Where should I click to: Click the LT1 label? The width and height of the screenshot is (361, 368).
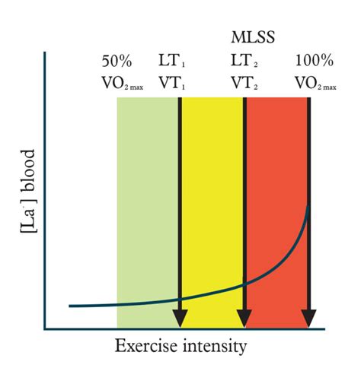pos(174,60)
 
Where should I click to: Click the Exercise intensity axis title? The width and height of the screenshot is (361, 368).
pos(180,347)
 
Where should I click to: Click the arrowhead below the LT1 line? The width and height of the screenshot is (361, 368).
pos(180,319)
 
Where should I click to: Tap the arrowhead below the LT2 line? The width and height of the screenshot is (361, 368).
pos(244,319)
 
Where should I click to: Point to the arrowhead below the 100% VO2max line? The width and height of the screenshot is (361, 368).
pos(308,319)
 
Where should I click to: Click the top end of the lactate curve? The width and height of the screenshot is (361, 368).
pos(308,205)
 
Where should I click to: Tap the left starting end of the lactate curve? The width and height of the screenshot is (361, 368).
pos(70,306)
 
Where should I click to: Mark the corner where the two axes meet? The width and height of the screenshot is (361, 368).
pos(46,328)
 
